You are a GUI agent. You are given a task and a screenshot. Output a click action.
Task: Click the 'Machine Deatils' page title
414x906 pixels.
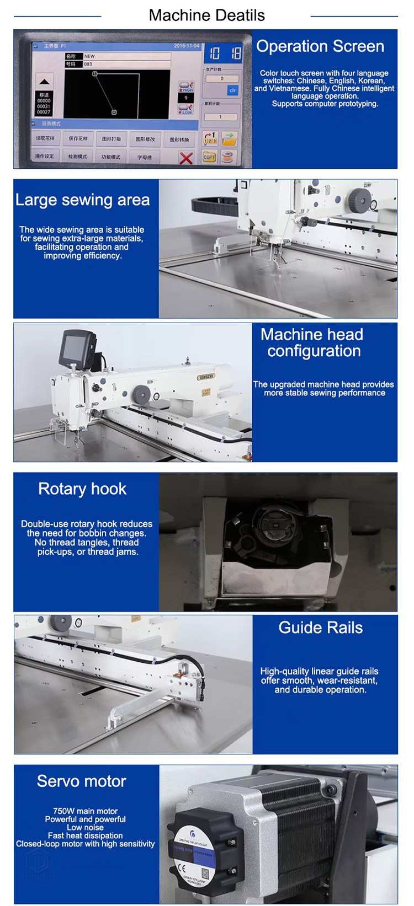[x=206, y=15]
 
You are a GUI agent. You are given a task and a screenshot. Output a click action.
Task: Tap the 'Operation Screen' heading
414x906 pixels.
[x=320, y=46]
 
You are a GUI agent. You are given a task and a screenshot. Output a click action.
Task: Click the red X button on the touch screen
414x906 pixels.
[x=186, y=158]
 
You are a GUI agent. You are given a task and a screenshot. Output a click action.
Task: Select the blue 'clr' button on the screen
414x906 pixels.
[x=232, y=90]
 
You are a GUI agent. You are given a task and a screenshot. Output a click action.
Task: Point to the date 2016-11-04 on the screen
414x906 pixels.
[x=187, y=46]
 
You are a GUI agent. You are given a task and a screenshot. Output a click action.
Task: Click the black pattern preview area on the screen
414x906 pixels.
[x=116, y=94]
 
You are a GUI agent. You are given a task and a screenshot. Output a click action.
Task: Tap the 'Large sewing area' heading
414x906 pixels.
[x=82, y=200]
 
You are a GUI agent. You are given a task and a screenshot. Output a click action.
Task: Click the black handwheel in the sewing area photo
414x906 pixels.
[x=359, y=200]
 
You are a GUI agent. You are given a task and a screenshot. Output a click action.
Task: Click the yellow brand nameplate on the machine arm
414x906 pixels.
[x=206, y=377]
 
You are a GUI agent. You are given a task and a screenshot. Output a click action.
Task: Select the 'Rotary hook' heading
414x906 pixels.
[x=82, y=489]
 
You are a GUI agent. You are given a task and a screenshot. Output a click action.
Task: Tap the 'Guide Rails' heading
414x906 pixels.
[x=320, y=628]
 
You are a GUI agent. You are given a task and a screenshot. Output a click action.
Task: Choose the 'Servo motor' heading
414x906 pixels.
[x=81, y=781]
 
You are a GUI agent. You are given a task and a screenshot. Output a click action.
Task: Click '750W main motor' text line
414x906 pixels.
[x=85, y=811]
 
